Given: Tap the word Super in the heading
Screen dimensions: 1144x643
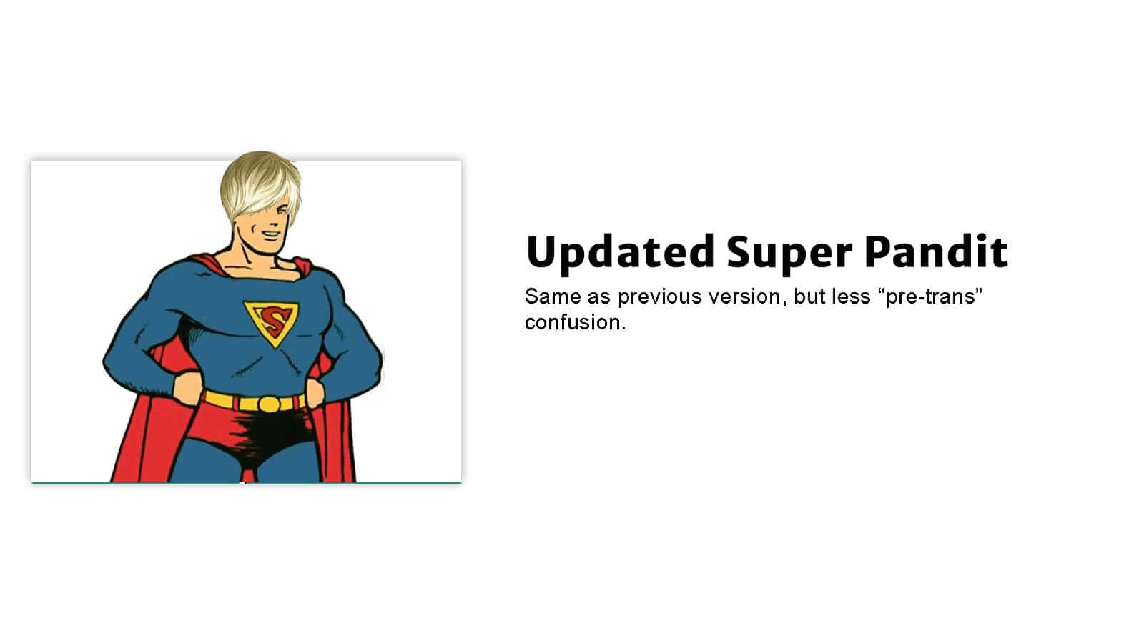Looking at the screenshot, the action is (789, 254).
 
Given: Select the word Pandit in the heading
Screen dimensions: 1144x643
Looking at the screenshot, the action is (936, 251).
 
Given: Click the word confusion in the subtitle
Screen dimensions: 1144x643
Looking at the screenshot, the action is (575, 322).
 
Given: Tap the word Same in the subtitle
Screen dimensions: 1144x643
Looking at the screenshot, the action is (553, 296).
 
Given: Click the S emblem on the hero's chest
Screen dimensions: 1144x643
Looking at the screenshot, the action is (272, 322).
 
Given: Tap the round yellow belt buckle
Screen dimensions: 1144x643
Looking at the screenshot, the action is (269, 404).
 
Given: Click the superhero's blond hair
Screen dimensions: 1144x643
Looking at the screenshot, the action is (260, 186).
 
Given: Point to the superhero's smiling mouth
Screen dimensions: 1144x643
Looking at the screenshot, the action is (271, 235).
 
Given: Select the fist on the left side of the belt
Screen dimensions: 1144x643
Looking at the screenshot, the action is (187, 389).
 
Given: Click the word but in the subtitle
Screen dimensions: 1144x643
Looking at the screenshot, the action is (809, 296).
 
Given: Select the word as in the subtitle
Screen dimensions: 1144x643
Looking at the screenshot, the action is (599, 299).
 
